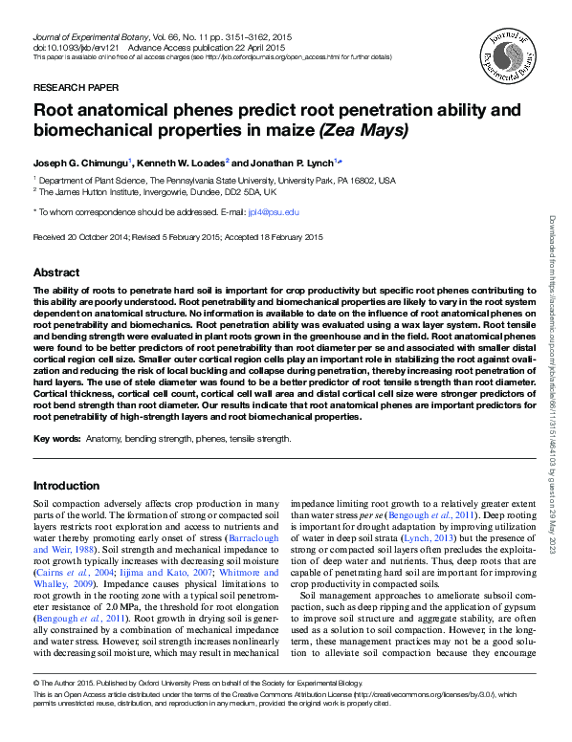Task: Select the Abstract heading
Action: pyautogui.click(x=56, y=272)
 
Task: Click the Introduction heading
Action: pyautogui.click(x=68, y=485)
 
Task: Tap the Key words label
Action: pyautogui.click(x=55, y=439)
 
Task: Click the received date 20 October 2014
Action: pyautogui.click(x=99, y=235)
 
